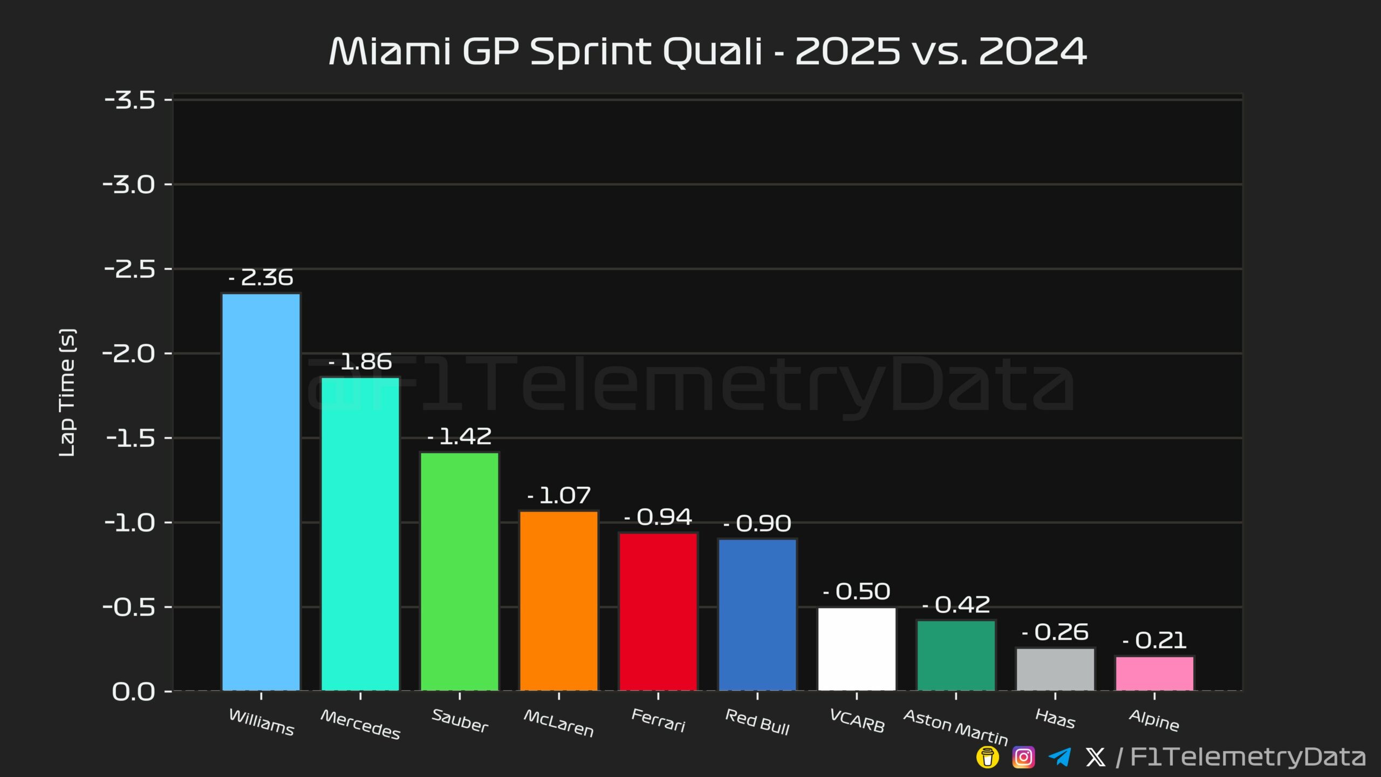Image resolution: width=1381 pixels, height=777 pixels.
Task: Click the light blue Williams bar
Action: [x=261, y=491]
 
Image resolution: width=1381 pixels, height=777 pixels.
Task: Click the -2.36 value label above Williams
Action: [x=261, y=278]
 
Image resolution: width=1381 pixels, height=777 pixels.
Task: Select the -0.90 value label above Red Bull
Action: [x=757, y=523]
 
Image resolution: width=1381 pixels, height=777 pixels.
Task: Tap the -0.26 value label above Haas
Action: [x=1055, y=632]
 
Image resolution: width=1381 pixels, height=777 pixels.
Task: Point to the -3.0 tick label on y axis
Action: [x=129, y=185]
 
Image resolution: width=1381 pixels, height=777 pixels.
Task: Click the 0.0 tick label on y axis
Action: [x=133, y=692]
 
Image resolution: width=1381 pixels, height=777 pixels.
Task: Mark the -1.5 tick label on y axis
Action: [x=131, y=438]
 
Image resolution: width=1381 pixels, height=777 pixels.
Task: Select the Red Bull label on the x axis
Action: [x=757, y=722]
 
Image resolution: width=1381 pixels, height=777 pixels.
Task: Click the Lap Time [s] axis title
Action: [x=67, y=393]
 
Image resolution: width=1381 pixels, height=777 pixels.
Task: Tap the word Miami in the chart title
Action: [x=389, y=52]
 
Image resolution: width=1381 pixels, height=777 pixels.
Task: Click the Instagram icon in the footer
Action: [x=1023, y=757]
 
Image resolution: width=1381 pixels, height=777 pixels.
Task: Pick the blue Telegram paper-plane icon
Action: [x=1060, y=757]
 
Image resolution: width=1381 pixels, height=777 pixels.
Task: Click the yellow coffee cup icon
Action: [x=987, y=757]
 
